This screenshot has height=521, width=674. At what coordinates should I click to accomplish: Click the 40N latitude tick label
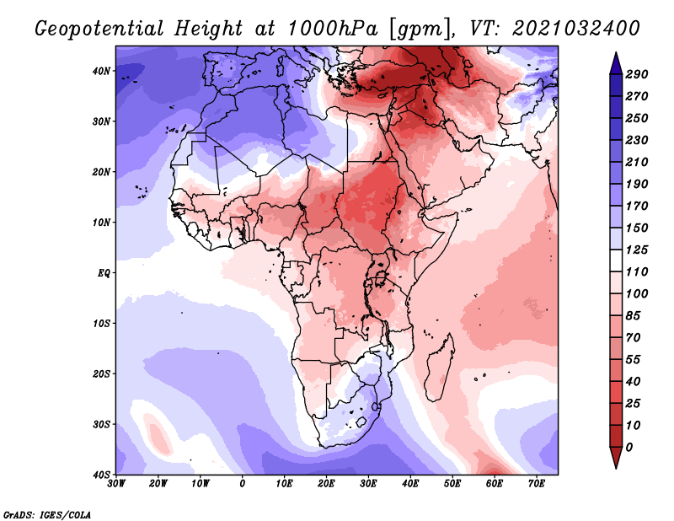pyautogui.click(x=101, y=71)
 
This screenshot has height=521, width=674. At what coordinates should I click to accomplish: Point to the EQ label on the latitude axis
pyautogui.click(x=103, y=273)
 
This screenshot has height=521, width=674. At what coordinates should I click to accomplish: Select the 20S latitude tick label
pyautogui.click(x=101, y=374)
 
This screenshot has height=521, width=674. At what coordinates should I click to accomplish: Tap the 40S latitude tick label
pyautogui.click(x=101, y=475)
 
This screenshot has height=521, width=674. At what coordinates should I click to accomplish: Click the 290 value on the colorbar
pyautogui.click(x=637, y=74)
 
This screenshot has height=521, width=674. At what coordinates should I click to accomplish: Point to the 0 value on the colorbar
pyautogui.click(x=630, y=446)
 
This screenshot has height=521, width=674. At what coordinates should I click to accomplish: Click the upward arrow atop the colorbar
pyautogui.click(x=616, y=61)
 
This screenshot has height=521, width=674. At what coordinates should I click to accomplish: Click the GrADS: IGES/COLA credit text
pyautogui.click(x=47, y=513)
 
